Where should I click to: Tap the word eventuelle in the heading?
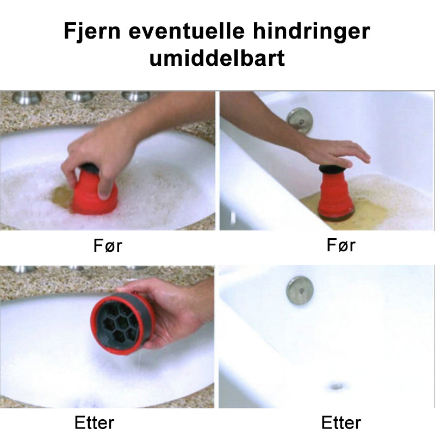(187, 30)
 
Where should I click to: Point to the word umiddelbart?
(217, 58)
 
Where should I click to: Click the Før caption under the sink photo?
(108, 246)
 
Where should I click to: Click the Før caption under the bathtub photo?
(341, 245)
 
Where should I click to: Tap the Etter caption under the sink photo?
(94, 423)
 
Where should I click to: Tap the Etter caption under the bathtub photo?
(341, 423)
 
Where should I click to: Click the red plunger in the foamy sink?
(94, 190)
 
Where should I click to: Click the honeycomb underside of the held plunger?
(119, 325)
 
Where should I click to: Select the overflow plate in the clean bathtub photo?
(300, 290)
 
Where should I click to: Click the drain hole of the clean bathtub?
(337, 386)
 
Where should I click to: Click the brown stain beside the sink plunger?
(61, 197)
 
